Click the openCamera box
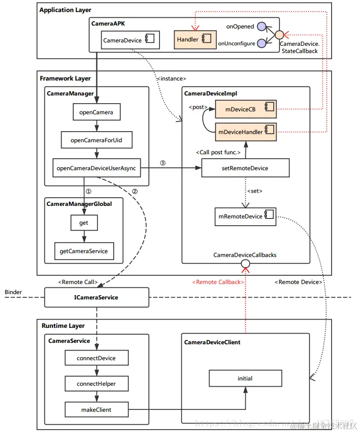tap(96, 112)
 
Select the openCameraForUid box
tap(96, 140)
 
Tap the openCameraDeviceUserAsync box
tap(96, 168)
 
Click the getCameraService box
tap(84, 251)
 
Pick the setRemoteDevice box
tap(245, 168)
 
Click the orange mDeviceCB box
tap(245, 109)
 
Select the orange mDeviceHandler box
tap(245, 131)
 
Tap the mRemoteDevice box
tap(245, 216)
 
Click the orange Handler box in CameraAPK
tap(191, 40)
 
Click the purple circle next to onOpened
tap(262, 27)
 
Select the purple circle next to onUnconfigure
tap(262, 43)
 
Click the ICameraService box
tap(96, 298)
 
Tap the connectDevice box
tap(96, 358)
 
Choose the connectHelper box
tap(96, 384)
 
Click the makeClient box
tap(96, 409)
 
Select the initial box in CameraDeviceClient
tap(245, 379)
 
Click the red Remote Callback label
tap(218, 282)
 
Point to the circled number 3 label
tap(162, 163)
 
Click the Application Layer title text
tap(65, 10)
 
